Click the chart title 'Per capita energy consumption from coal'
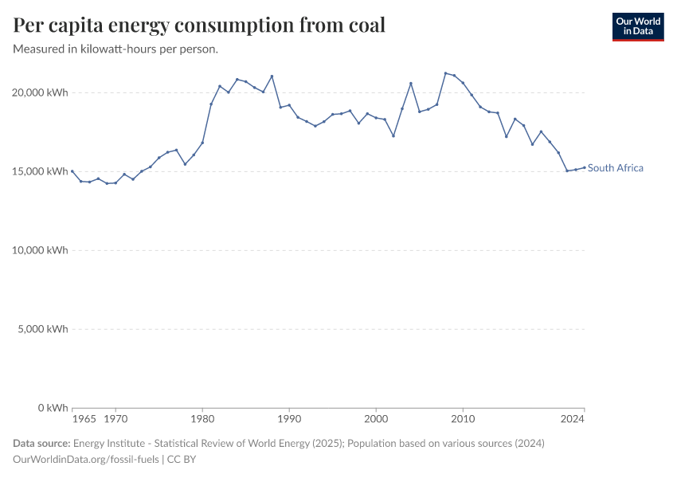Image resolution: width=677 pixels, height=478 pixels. click(x=199, y=25)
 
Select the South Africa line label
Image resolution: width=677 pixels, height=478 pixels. click(x=615, y=168)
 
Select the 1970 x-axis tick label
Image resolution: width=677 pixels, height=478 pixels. click(x=115, y=417)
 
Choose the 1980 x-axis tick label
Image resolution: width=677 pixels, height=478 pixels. click(x=202, y=417)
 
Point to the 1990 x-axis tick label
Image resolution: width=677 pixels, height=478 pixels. click(x=289, y=417)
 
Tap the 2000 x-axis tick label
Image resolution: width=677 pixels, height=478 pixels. click(x=376, y=417)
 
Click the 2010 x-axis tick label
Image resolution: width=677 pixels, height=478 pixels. click(x=463, y=417)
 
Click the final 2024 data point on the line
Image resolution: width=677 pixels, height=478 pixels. click(x=584, y=167)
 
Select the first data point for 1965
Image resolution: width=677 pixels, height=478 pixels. click(x=72, y=171)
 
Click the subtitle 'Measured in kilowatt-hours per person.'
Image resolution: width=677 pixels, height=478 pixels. click(x=116, y=49)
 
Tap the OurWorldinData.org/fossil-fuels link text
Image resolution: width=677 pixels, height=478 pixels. click(x=86, y=460)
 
